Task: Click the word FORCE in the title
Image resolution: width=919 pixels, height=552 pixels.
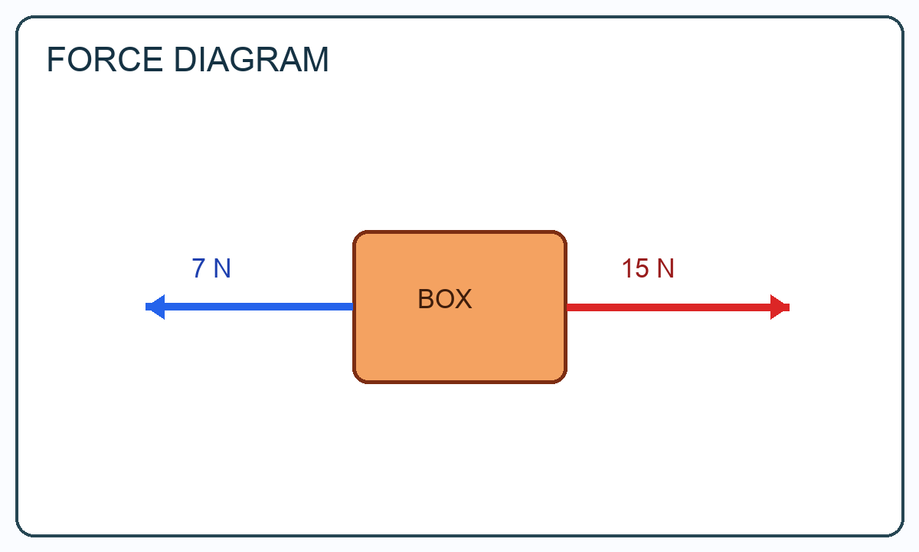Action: (105, 60)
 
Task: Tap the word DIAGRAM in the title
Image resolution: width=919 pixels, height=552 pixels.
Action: (251, 60)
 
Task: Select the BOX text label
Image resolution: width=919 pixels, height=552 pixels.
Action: (445, 299)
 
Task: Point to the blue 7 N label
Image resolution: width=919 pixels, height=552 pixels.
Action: (211, 268)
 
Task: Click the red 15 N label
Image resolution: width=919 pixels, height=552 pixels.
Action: (648, 268)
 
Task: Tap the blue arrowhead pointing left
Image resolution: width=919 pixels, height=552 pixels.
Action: (155, 307)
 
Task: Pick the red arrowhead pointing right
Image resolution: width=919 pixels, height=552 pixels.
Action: (780, 307)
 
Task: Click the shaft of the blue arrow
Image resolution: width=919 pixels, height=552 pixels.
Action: (259, 307)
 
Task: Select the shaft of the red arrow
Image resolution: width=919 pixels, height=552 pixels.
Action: (669, 307)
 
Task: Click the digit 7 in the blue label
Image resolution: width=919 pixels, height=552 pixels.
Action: (198, 268)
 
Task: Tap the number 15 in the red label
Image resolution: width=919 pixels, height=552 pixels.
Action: (636, 268)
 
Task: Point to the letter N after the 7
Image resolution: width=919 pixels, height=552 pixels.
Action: (222, 268)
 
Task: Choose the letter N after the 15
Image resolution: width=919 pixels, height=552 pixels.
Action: (666, 268)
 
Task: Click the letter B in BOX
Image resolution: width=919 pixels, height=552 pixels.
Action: (426, 299)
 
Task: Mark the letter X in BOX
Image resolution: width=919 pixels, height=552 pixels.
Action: (464, 299)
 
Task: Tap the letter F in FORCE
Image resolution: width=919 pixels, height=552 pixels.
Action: (55, 60)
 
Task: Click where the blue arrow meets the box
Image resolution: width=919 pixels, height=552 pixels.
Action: (353, 307)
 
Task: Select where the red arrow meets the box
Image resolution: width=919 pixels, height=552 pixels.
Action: (567, 307)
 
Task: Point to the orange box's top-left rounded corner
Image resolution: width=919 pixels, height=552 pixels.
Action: (357, 235)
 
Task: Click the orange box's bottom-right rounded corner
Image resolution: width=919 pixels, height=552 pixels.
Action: (563, 379)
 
